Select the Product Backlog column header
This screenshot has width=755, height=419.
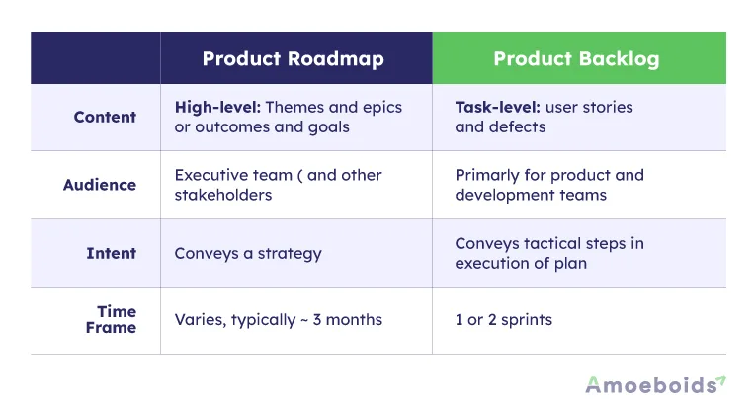click(x=576, y=58)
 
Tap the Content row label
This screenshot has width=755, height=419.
click(x=105, y=117)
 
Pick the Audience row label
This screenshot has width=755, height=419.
click(x=100, y=185)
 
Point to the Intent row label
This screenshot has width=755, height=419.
click(x=111, y=253)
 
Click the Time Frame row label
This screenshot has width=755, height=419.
click(x=111, y=320)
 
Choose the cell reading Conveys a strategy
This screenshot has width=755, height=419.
click(x=248, y=253)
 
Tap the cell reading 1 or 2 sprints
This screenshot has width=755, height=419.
click(x=503, y=320)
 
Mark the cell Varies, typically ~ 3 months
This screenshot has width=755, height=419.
click(x=278, y=320)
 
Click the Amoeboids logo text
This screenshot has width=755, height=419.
click(x=649, y=385)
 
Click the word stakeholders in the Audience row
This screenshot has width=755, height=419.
click(x=222, y=195)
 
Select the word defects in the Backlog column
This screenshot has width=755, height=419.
click(x=515, y=126)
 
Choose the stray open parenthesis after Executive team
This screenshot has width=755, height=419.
click(x=299, y=175)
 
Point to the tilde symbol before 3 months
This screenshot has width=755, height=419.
click(x=303, y=320)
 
